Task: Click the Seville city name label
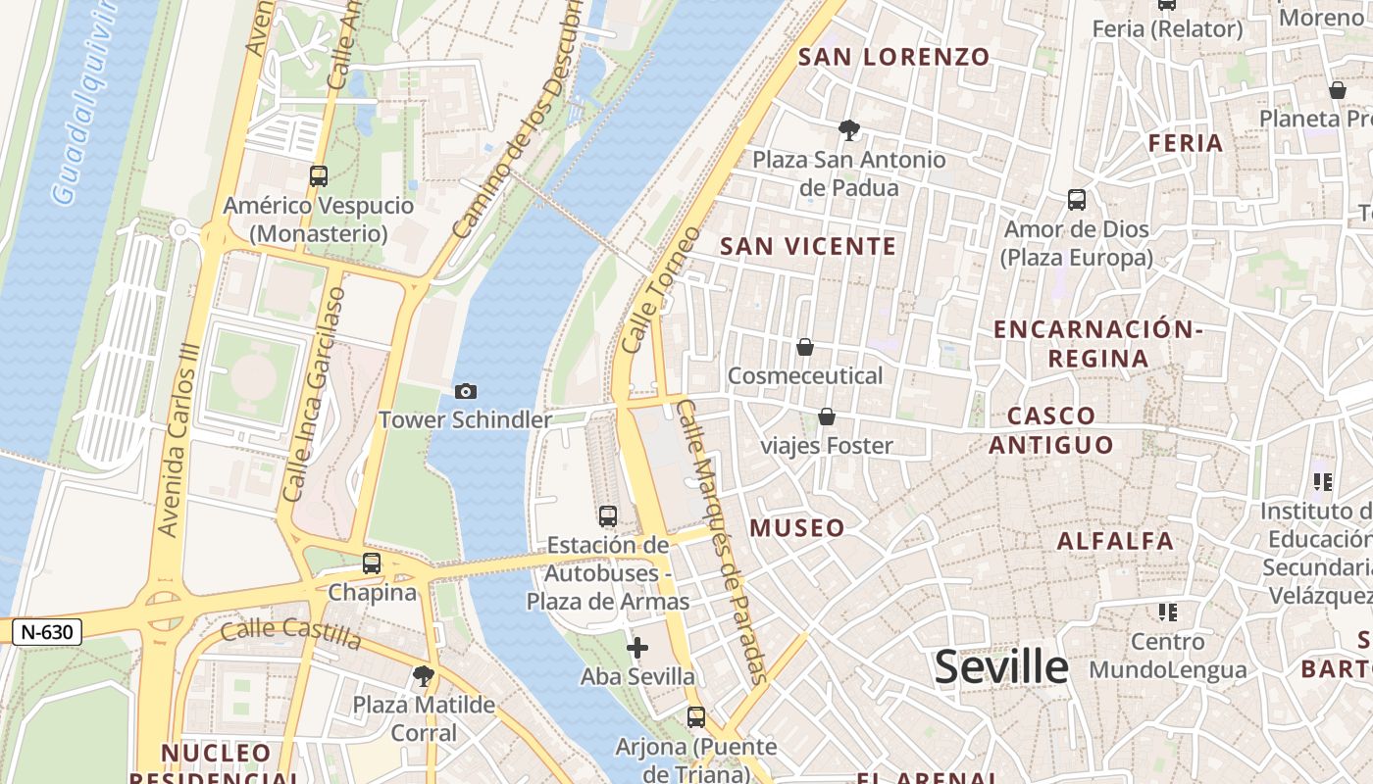pyautogui.click(x=1000, y=667)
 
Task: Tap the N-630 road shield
pyautogui.click(x=47, y=632)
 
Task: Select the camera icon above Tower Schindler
pyautogui.click(x=466, y=392)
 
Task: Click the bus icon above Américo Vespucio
pyautogui.click(x=319, y=176)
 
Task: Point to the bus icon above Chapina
pyautogui.click(x=372, y=563)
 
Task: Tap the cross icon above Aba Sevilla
pyautogui.click(x=637, y=648)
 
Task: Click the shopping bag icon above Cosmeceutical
pyautogui.click(x=805, y=347)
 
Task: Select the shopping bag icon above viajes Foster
pyautogui.click(x=827, y=417)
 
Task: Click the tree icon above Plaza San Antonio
pyautogui.click(x=849, y=129)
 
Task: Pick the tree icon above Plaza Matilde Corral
pyautogui.click(x=424, y=675)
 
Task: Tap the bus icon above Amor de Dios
pyautogui.click(x=1077, y=201)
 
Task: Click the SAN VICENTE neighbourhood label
pyautogui.click(x=808, y=246)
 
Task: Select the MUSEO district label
pyautogui.click(x=796, y=528)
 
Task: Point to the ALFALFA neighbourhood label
pyautogui.click(x=1115, y=541)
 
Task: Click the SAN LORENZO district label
pyautogui.click(x=893, y=57)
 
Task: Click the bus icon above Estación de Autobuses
pyautogui.click(x=608, y=516)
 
